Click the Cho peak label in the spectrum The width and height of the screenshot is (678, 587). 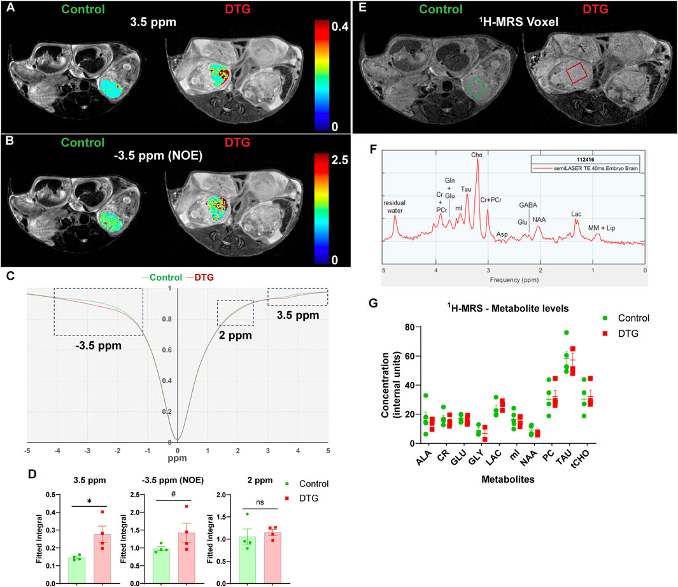click(x=476, y=153)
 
